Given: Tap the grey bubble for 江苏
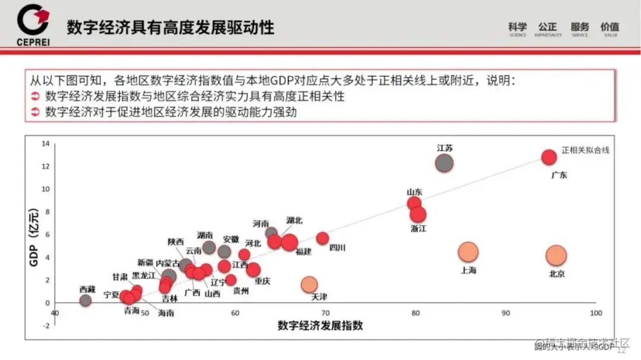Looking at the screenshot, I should click(444, 163).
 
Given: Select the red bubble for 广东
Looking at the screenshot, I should click(549, 157).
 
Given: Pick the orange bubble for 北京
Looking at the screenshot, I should click(556, 256).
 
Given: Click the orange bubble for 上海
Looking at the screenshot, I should click(468, 252).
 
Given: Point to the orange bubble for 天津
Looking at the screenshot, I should click(309, 285).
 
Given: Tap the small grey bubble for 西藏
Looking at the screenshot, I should click(85, 300).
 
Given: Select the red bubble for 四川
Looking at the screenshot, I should click(322, 238).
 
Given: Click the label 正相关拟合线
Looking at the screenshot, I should click(586, 150).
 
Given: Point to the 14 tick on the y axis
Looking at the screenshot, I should click(46, 144).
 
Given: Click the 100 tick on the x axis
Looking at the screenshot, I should click(595, 313).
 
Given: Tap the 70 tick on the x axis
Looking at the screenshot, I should click(325, 313).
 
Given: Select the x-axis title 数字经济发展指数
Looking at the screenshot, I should click(320, 326).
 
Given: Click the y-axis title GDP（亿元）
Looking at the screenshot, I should click(34, 224).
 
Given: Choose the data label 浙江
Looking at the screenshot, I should click(418, 228).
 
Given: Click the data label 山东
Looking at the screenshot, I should click(414, 192).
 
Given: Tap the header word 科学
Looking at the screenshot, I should click(518, 27).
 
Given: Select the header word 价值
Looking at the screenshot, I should click(610, 27).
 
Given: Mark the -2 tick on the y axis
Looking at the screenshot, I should click(46, 326).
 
